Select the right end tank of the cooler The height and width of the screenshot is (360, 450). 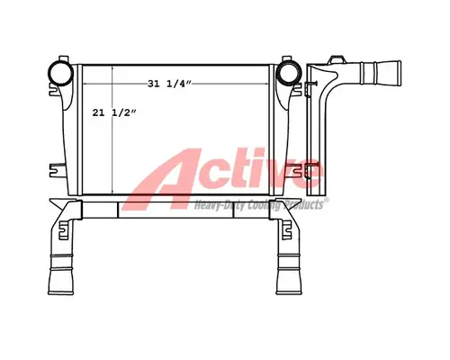(x=288, y=135)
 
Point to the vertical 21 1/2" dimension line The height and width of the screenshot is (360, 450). (x=112, y=135)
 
